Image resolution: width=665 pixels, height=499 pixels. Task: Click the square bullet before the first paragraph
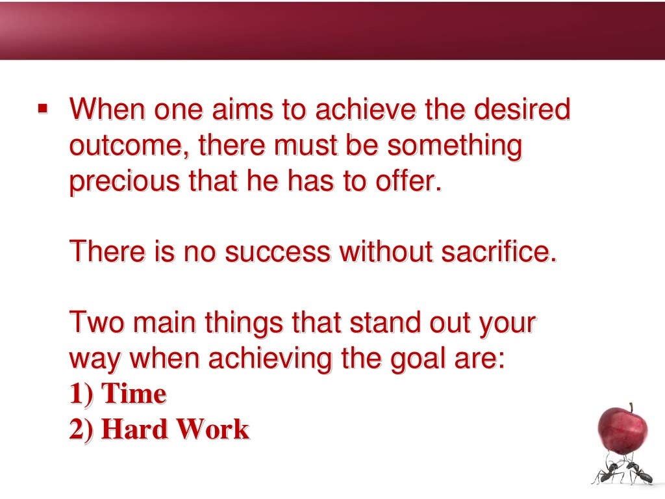pos(43,108)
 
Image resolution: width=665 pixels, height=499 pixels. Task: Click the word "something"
pos(455,146)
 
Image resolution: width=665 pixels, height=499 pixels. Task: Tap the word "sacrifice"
pos(498,251)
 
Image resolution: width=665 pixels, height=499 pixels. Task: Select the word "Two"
pos(95,323)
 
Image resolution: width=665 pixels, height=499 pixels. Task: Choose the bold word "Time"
pos(134,394)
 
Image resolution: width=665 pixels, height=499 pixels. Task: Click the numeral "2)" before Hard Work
pos(82,429)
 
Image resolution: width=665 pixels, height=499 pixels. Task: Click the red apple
pos(622,429)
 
